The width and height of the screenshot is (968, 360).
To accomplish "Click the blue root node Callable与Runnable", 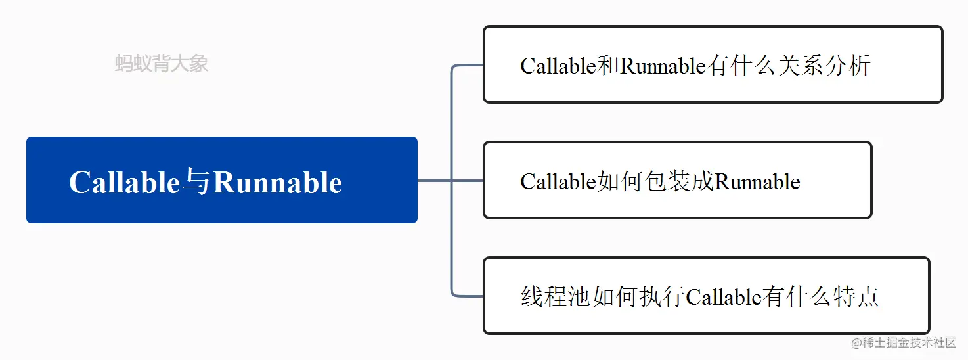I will tap(221, 180).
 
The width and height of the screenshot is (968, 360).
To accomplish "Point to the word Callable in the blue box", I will tap(124, 183).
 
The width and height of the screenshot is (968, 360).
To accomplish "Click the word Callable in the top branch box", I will tap(558, 66).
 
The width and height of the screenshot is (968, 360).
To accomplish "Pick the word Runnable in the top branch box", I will tap(663, 66).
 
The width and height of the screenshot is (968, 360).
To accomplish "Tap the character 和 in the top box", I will tap(608, 66).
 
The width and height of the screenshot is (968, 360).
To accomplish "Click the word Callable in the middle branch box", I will tap(558, 181).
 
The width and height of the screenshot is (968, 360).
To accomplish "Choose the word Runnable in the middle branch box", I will tap(757, 181).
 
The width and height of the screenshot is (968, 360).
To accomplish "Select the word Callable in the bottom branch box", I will tap(723, 297).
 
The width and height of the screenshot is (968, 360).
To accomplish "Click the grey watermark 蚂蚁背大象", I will tap(162, 64).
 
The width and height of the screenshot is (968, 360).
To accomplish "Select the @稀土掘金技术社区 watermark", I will tap(904, 343).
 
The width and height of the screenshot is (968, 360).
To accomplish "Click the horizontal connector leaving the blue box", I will tap(435, 180).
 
